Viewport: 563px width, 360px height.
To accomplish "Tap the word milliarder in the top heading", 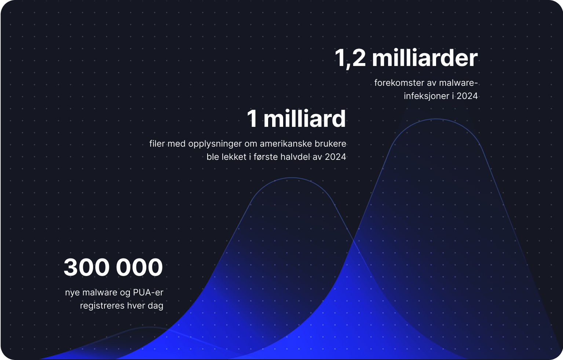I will click(425, 58).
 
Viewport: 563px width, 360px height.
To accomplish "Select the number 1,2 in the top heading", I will click(350, 58).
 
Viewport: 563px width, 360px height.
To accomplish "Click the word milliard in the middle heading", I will click(304, 119).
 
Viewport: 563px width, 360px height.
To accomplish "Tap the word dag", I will click(155, 306).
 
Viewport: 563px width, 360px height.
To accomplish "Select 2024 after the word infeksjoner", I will click(467, 96).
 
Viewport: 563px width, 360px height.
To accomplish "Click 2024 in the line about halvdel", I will click(335, 157).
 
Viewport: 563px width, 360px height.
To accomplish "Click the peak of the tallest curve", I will click(436, 119).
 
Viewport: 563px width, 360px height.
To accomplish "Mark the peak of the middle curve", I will click(292, 178).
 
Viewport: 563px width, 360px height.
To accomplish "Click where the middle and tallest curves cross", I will click(353, 240).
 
